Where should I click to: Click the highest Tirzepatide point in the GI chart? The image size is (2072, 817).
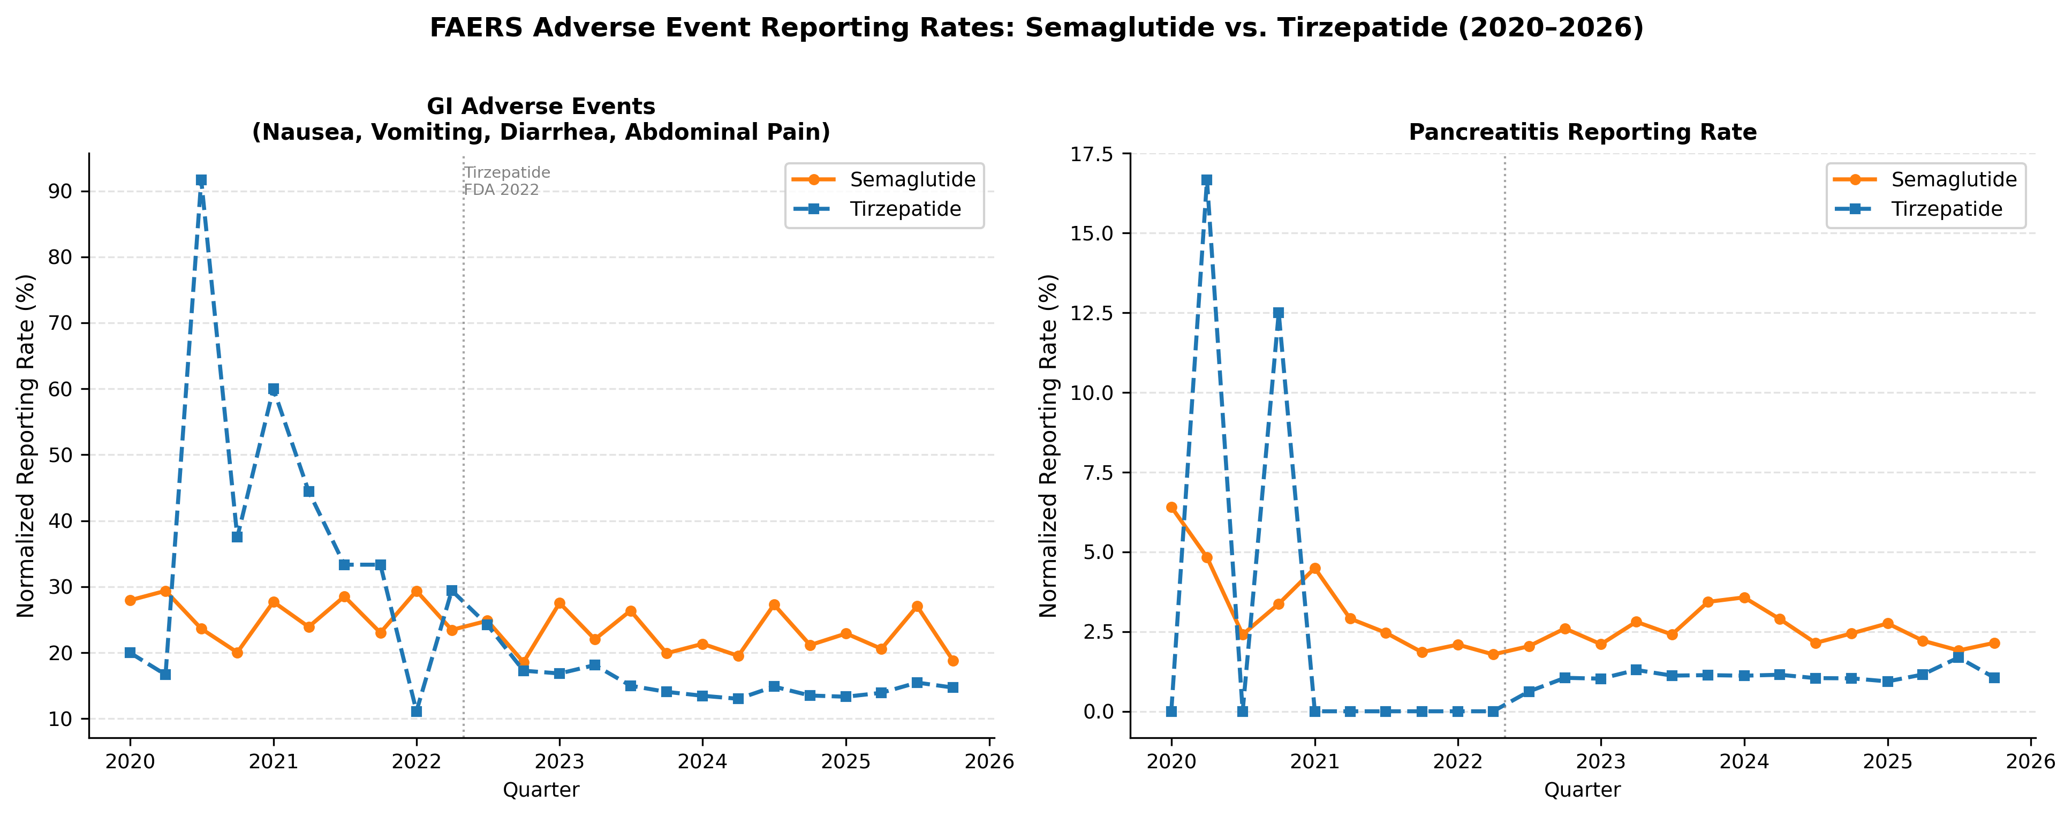[x=201, y=180]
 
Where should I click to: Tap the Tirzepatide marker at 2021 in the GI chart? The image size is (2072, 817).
[x=274, y=389]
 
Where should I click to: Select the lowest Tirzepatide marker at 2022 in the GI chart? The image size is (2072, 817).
[x=416, y=712]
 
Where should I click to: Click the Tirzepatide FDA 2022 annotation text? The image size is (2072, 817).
[x=506, y=181]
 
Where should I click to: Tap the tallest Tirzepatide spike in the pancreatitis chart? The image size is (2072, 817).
[x=1206, y=180]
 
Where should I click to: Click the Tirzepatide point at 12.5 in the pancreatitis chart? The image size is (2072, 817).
[x=1278, y=313]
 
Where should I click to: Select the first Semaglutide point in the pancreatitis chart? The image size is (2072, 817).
[x=1171, y=508]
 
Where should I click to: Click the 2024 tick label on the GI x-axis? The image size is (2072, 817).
[x=702, y=761]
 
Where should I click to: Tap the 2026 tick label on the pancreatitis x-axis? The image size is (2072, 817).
[x=2031, y=761]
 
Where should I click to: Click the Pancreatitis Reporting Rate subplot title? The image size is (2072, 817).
[x=1582, y=132]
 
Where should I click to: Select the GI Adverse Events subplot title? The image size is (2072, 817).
[x=541, y=119]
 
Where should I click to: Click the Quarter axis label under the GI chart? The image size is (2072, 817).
[x=541, y=790]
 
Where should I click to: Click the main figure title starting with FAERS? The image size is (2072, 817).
[x=1036, y=27]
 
